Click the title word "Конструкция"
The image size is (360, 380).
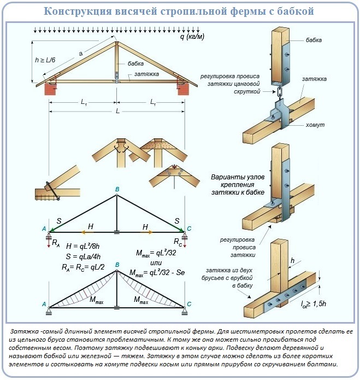[79, 11]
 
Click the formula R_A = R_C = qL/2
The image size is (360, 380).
[87, 267]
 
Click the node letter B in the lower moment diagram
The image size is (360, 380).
[116, 265]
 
